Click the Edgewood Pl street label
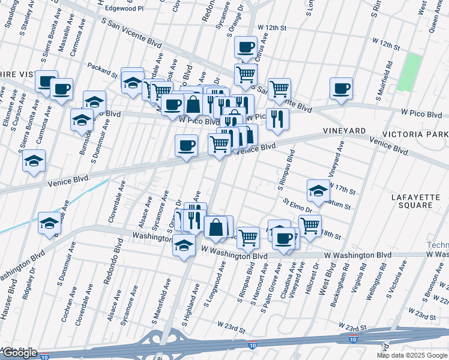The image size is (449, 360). coord(124,9)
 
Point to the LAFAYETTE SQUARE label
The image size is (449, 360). coord(411,201)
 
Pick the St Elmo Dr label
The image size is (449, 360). coord(298,206)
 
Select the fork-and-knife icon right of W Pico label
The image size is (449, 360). coord(277,118)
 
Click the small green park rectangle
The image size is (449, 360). coord(409,73)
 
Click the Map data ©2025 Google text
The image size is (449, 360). coord(412,355)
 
